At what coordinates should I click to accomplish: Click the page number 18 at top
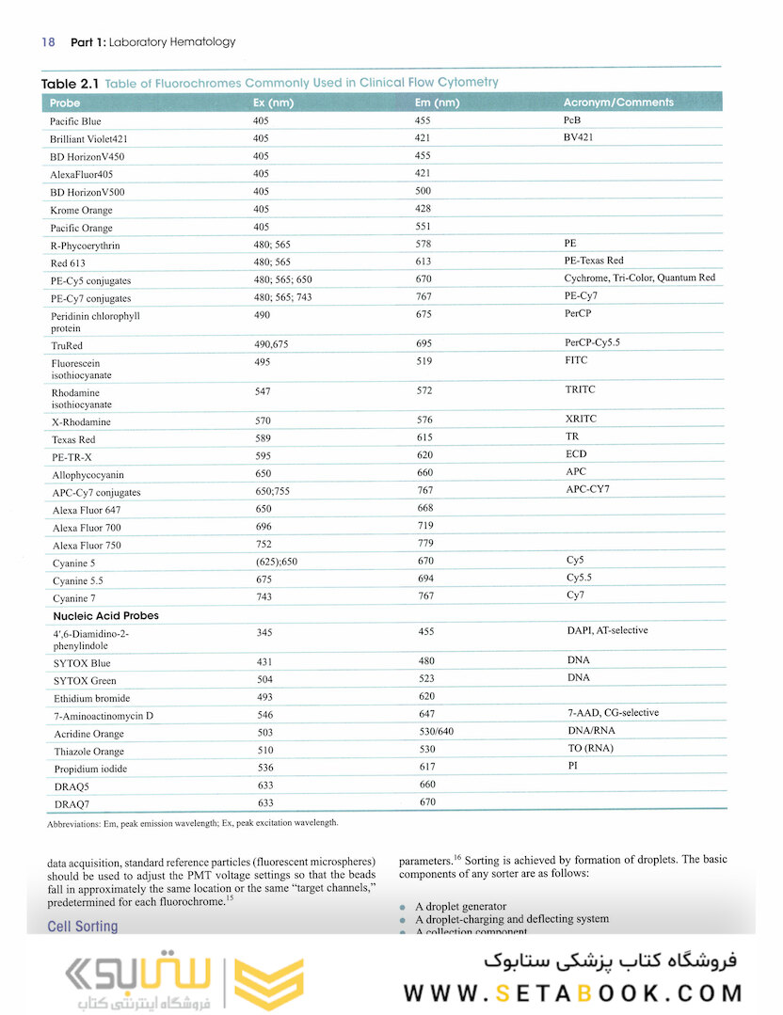pyautogui.click(x=49, y=42)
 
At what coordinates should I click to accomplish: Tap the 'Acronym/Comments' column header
pyautogui.click(x=617, y=103)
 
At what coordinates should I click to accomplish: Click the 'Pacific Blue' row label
pyautogui.click(x=75, y=121)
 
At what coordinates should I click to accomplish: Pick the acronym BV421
pyautogui.click(x=580, y=137)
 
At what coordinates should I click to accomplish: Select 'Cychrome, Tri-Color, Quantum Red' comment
pyautogui.click(x=639, y=278)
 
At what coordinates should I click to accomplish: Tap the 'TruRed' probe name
pyautogui.click(x=67, y=346)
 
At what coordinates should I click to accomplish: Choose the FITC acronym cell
pyautogui.click(x=576, y=360)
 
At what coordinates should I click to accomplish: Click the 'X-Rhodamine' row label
pyautogui.click(x=81, y=421)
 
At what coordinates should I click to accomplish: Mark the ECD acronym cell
pyautogui.click(x=576, y=454)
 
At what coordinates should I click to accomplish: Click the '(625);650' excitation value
pyautogui.click(x=277, y=563)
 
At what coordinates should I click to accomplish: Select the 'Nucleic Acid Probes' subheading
pyautogui.click(x=105, y=616)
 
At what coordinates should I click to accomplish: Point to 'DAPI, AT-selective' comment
pyautogui.click(x=607, y=630)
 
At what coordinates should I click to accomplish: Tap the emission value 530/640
pyautogui.click(x=437, y=733)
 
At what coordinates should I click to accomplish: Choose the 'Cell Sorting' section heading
pyautogui.click(x=83, y=927)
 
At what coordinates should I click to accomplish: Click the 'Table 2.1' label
pyautogui.click(x=71, y=83)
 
